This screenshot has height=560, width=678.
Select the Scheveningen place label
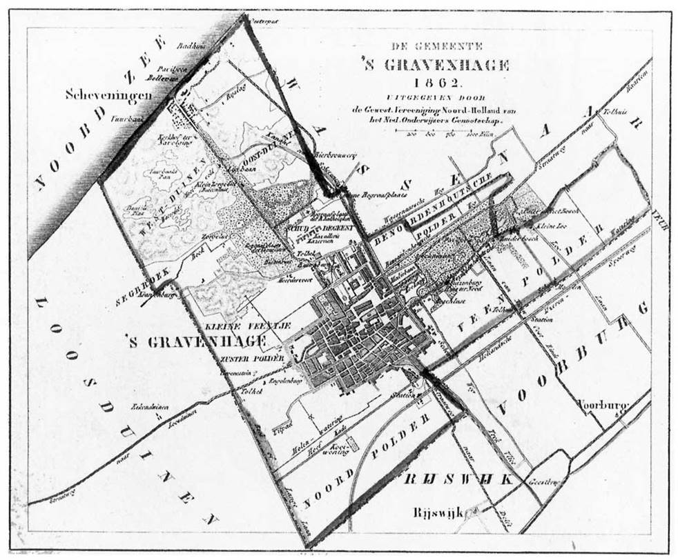coord(108,94)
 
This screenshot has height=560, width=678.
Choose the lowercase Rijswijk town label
coord(437,511)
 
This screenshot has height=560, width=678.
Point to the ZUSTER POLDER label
coord(242,359)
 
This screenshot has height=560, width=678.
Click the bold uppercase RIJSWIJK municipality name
coord(460,479)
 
